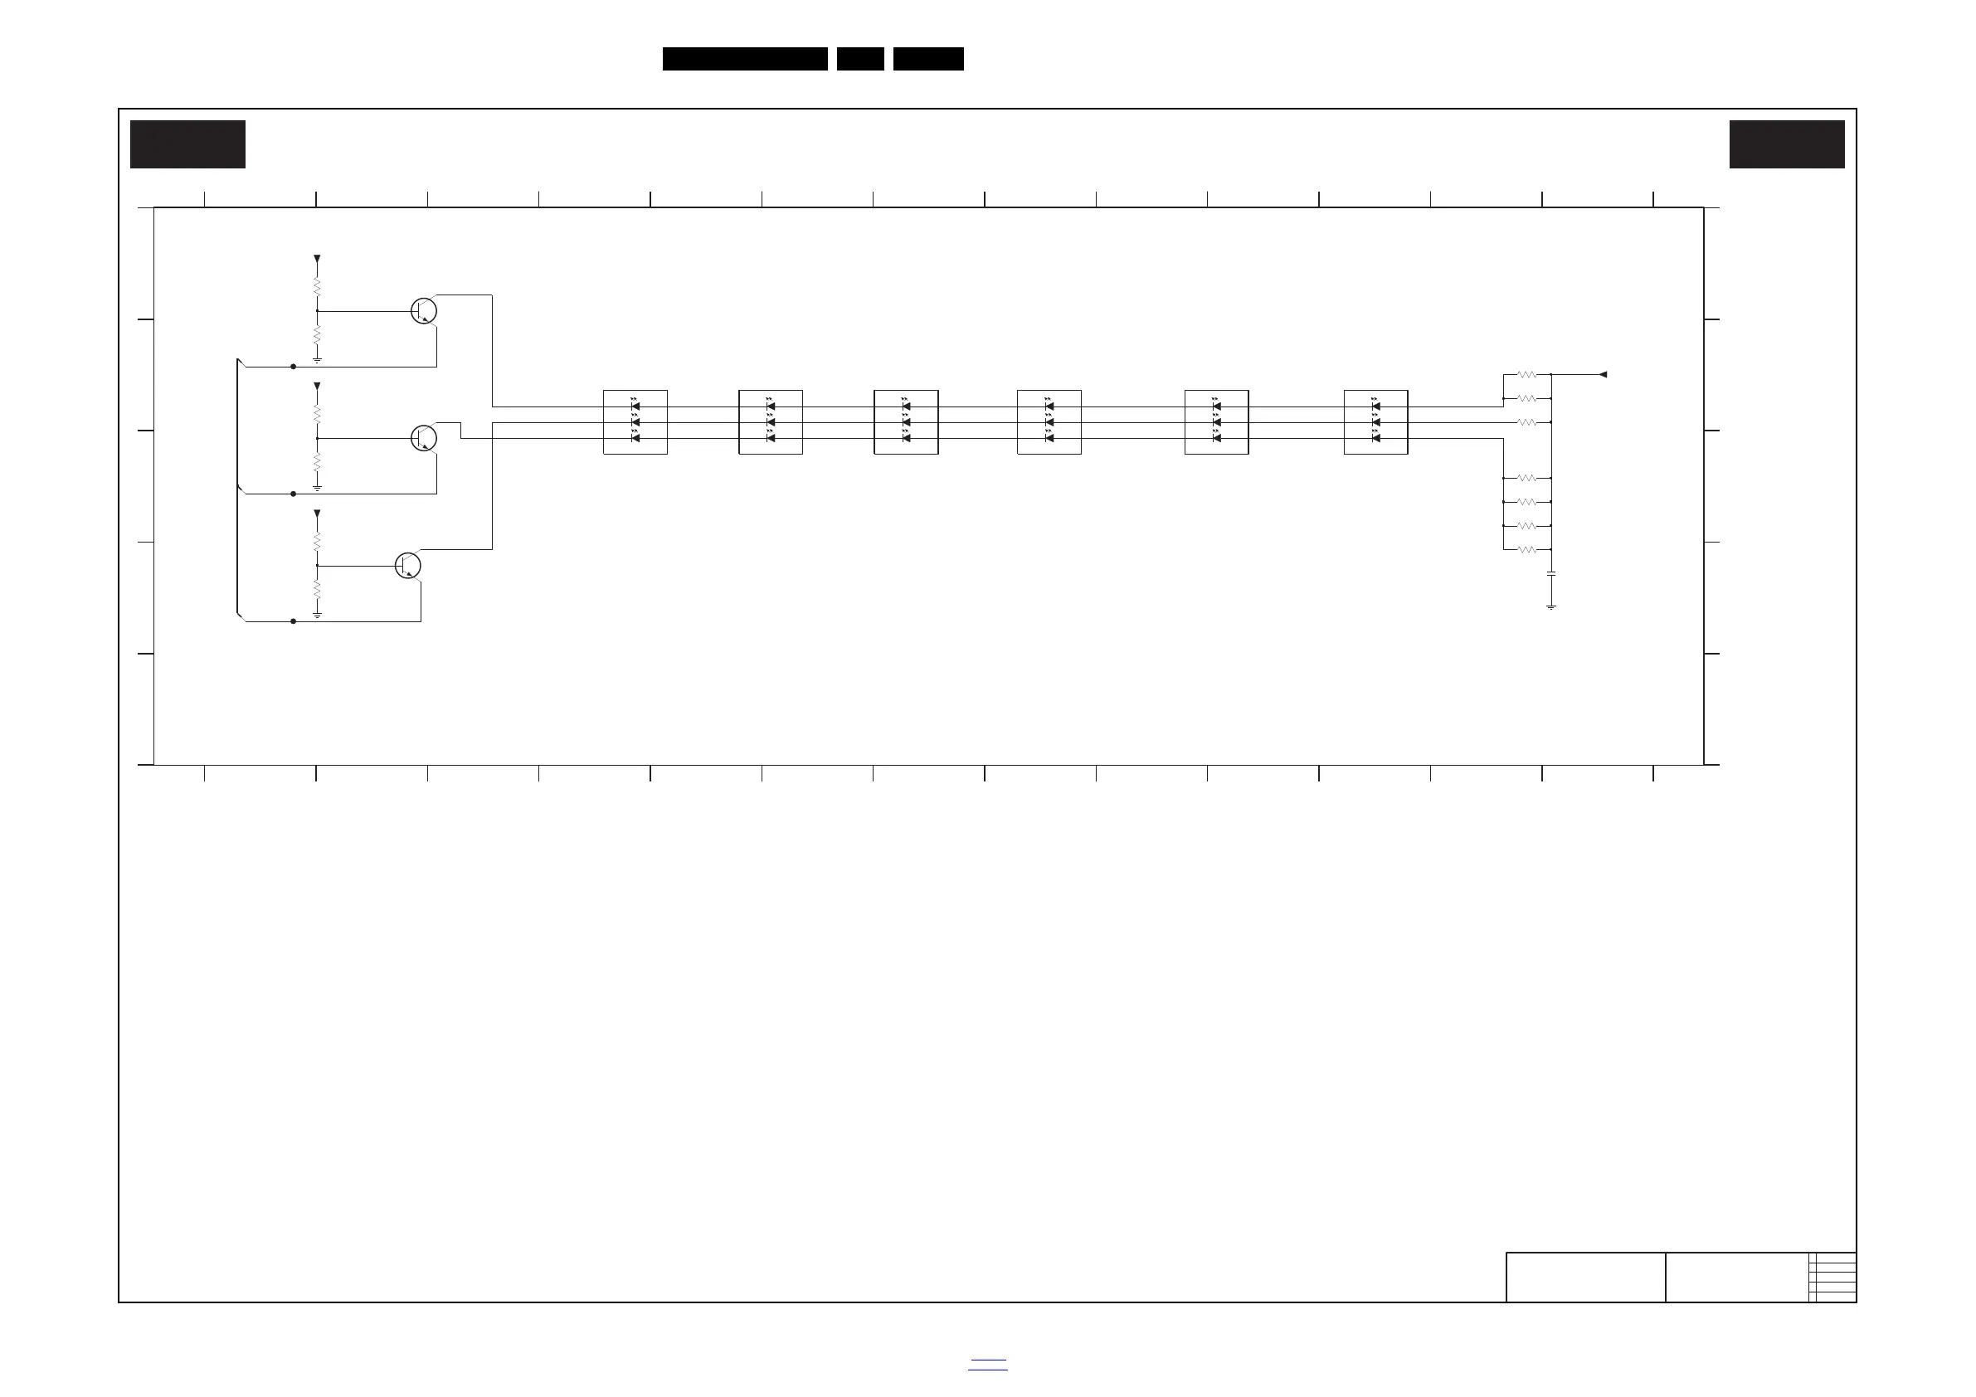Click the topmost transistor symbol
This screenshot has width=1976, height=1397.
(x=423, y=311)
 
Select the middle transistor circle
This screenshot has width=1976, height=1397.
(x=423, y=438)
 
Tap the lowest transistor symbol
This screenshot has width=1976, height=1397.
(x=408, y=566)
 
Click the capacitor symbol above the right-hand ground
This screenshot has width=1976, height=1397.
(x=1550, y=573)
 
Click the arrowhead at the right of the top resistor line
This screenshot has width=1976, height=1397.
(x=1603, y=374)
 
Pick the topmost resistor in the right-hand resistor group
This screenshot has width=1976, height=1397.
(x=1526, y=374)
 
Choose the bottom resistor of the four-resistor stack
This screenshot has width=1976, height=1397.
(x=1526, y=549)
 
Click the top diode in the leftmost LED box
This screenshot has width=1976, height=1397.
(x=635, y=406)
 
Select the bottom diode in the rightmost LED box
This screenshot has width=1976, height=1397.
(x=1375, y=438)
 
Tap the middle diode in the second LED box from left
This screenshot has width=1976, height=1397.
(x=771, y=422)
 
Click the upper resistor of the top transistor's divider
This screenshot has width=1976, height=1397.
(x=317, y=285)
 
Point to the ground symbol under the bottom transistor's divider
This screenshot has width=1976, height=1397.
(x=317, y=615)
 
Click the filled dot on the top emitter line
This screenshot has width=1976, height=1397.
(x=294, y=367)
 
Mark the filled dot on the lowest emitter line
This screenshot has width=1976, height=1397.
(x=294, y=621)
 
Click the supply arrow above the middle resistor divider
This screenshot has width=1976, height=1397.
(x=317, y=387)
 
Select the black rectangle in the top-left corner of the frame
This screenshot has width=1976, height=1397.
(x=187, y=144)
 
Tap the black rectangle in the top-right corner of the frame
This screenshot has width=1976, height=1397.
(x=1787, y=144)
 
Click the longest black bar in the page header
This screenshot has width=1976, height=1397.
(x=744, y=59)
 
